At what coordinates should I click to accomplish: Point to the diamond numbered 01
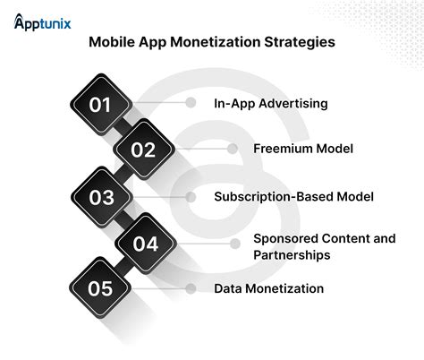click(100, 105)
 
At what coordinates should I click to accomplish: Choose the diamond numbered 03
click(100, 196)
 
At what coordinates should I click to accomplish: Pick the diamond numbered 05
click(100, 288)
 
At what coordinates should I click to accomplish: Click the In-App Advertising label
click(270, 103)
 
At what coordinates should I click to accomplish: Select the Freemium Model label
click(292, 149)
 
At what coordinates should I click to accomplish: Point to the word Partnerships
click(292, 254)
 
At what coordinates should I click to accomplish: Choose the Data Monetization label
click(268, 288)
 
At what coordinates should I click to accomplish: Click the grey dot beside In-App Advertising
click(191, 103)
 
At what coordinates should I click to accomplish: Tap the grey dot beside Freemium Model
click(233, 149)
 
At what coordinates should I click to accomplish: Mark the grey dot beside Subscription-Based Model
click(191, 195)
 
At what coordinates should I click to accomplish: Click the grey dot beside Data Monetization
click(191, 288)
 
